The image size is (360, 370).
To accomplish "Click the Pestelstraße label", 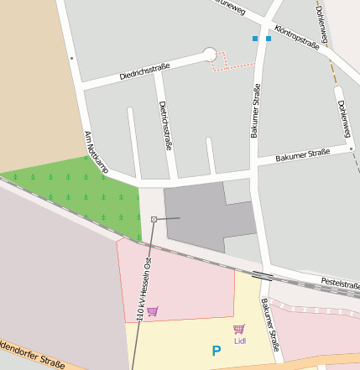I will pos(341,283).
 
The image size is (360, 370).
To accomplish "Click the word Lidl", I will pos(240,341).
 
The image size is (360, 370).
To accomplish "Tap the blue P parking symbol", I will pos(216,352).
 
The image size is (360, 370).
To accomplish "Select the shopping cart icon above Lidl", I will pos(239,329).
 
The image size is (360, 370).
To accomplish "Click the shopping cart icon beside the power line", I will pos(152,311).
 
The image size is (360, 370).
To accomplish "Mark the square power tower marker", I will pos(154,219).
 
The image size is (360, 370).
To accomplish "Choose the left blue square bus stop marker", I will pos(255,39).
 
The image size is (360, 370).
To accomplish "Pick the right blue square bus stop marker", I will pos(269,39).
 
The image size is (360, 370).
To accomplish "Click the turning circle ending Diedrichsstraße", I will pos(209,55).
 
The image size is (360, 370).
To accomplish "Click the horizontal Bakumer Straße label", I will pos(303,155).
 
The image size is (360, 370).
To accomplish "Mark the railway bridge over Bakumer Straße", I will pos(262,274).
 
